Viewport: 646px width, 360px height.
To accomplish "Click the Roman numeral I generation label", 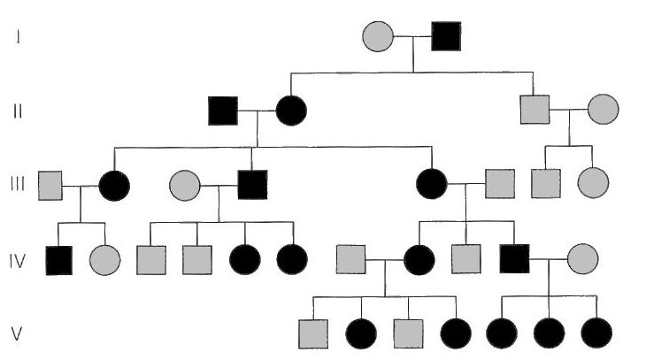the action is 18,36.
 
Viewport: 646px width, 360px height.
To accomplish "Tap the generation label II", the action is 18,111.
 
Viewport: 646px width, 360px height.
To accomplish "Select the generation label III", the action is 18,184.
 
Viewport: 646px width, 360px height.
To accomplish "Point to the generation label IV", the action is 18,261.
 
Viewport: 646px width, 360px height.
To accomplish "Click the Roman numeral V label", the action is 17,333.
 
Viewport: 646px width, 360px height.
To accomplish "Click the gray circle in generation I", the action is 378,36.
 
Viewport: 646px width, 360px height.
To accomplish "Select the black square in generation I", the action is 446,36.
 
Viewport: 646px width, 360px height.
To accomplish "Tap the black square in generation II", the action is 223,111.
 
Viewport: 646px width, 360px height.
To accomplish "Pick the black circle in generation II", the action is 291,111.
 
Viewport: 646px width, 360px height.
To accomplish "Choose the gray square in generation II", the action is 534,110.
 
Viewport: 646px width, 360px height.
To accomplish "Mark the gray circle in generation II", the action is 604,109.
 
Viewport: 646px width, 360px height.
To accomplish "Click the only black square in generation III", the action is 252,185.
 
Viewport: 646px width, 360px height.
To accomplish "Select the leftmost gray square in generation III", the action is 50,186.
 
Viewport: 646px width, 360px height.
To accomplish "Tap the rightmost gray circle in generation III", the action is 593,183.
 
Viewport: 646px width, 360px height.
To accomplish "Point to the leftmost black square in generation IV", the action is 59,261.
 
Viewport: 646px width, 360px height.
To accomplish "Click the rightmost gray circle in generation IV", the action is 583,258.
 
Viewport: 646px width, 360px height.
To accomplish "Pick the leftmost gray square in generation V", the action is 313,334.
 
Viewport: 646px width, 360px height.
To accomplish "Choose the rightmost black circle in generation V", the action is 596,333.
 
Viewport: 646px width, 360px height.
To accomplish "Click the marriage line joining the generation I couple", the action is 412,36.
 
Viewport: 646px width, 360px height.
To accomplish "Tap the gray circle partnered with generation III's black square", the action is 185,186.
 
